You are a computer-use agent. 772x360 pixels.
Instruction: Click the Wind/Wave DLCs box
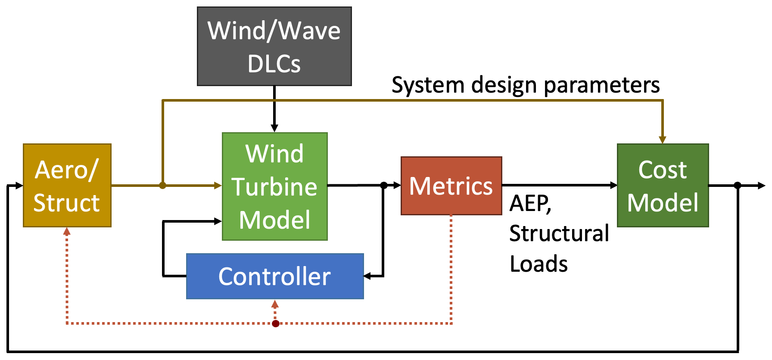pyautogui.click(x=274, y=46)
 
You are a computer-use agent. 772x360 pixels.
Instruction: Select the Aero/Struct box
pyautogui.click(x=67, y=186)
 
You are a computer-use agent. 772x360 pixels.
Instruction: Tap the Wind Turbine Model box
pyautogui.click(x=275, y=186)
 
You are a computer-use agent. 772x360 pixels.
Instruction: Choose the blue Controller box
pyautogui.click(x=275, y=276)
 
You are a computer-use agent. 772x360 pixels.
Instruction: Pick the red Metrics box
pyautogui.click(x=451, y=186)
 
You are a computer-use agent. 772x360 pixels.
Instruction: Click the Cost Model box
pyautogui.click(x=663, y=186)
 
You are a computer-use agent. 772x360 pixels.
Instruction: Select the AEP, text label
pyautogui.click(x=530, y=203)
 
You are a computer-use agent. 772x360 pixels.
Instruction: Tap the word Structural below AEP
pyautogui.click(x=559, y=233)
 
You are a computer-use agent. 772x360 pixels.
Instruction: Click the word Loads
pyautogui.click(x=539, y=264)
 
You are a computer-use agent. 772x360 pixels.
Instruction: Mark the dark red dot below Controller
pyautogui.click(x=276, y=323)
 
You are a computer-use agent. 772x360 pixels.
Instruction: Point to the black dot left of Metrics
pyautogui.click(x=383, y=186)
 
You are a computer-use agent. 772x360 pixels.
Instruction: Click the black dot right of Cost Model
pyautogui.click(x=738, y=186)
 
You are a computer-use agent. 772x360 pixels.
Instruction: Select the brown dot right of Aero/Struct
pyautogui.click(x=162, y=186)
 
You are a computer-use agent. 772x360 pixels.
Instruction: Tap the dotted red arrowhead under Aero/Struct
pyautogui.click(x=67, y=232)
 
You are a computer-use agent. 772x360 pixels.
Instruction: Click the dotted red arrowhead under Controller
pyautogui.click(x=275, y=304)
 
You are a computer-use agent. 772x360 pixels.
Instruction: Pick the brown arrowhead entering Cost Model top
pyautogui.click(x=663, y=140)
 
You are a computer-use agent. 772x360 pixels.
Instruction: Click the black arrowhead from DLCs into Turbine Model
pyautogui.click(x=274, y=128)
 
